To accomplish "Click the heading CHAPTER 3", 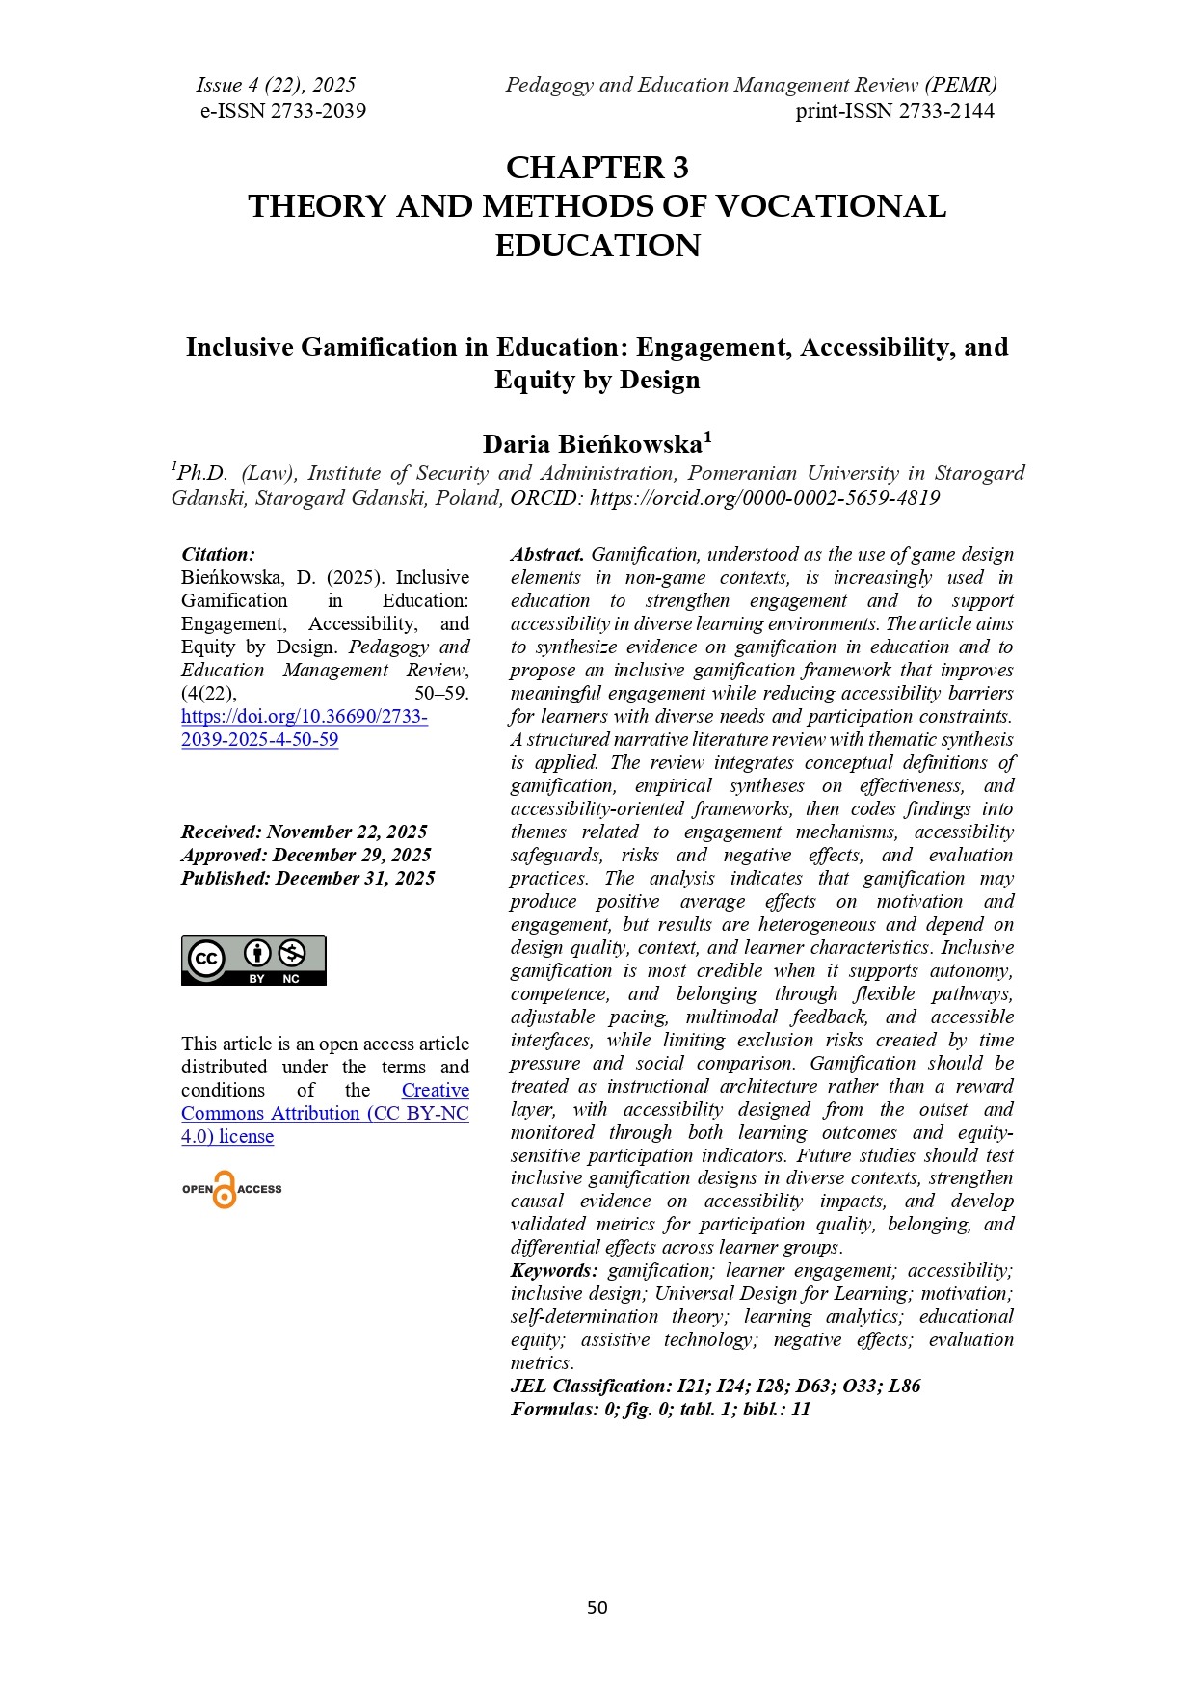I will point(597,169).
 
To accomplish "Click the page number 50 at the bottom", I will point(597,1607).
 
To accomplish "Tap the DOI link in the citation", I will point(304,728).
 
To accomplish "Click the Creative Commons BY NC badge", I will point(253,960).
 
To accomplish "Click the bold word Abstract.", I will point(546,555).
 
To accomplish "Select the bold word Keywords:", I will point(553,1271).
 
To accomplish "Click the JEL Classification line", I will point(715,1387).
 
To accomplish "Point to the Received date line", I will point(304,832).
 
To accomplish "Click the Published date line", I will point(307,879).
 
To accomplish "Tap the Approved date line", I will point(305,856).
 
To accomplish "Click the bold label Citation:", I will point(218,555).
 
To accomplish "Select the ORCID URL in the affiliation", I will point(764,498).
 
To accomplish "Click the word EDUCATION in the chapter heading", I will point(597,247).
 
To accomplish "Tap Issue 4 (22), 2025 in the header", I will point(276,85).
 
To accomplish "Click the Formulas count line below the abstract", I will point(660,1410).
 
